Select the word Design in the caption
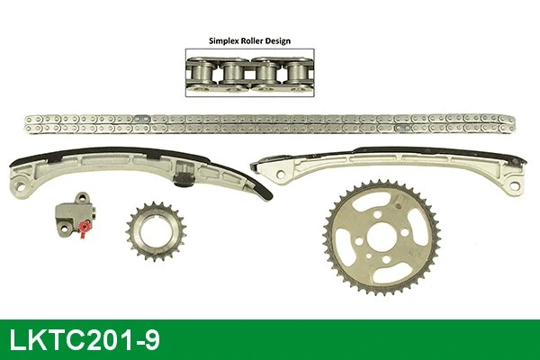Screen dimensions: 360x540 288,40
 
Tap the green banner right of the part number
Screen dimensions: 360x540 360,340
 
